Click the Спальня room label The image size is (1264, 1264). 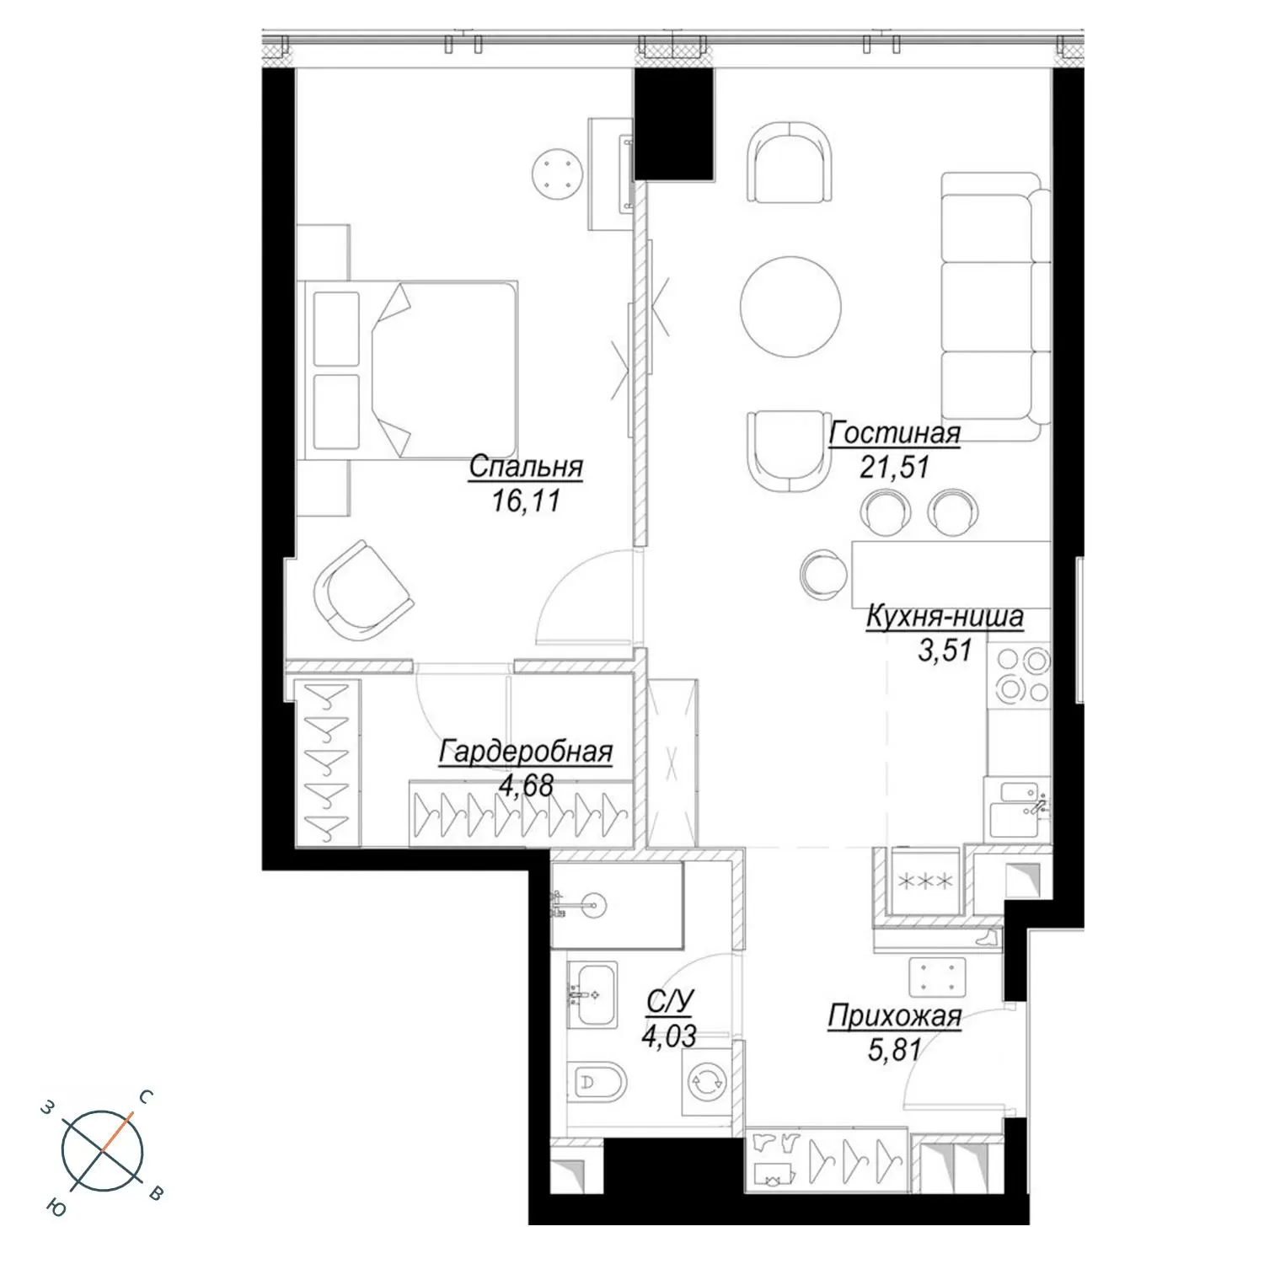[526, 467]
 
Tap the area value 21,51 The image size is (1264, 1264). [894, 466]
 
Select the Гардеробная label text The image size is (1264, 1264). [526, 752]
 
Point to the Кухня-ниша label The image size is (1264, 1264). [945, 617]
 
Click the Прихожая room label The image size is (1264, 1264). [894, 1016]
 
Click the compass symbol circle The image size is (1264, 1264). [102, 1151]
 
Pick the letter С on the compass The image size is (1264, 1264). [145, 1097]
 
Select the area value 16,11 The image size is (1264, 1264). [526, 501]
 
